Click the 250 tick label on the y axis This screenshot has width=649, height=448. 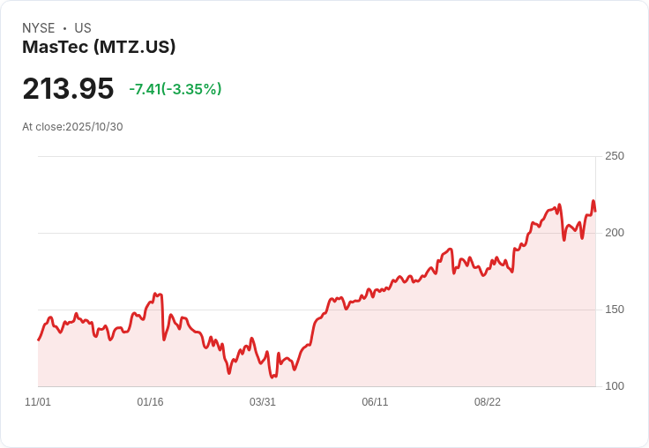(614, 156)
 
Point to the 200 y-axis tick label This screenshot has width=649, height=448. (614, 233)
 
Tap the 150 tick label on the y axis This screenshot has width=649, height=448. (614, 310)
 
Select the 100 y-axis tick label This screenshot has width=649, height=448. (614, 386)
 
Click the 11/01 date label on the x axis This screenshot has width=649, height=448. (38, 402)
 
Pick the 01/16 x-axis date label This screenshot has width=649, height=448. (150, 402)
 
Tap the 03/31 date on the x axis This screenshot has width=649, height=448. (263, 402)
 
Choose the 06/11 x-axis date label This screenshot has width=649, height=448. (375, 402)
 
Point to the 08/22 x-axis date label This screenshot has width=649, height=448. (488, 402)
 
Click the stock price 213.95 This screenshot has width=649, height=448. (68, 89)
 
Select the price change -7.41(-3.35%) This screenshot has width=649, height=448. (175, 89)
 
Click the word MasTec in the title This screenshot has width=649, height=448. (55, 48)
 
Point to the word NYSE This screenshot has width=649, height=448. (39, 28)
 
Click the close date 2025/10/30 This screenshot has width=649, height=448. (94, 127)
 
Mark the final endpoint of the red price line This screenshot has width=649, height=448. (595, 211)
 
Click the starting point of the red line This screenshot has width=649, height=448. (38, 340)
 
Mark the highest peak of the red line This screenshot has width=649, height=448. (593, 201)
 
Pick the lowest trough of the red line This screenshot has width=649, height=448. (273, 377)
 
